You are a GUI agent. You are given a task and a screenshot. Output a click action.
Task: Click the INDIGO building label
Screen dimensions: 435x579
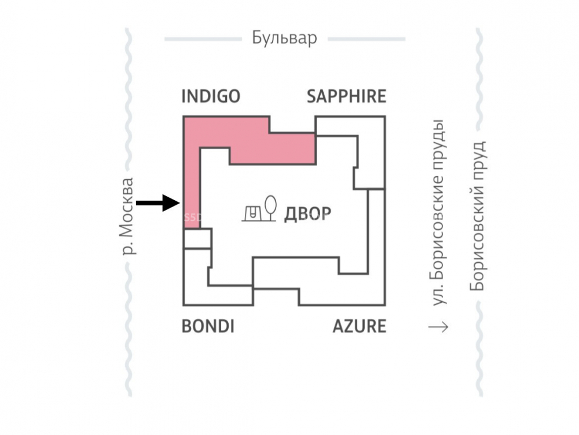[x=210, y=96]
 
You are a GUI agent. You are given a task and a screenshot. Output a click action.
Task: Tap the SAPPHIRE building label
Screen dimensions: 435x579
[x=346, y=96]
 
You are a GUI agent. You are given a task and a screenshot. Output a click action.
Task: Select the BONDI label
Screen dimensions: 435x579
[x=208, y=327]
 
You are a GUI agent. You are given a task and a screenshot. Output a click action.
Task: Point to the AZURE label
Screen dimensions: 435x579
[x=359, y=327]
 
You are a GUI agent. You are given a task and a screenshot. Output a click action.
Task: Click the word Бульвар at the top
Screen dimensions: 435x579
[x=284, y=39]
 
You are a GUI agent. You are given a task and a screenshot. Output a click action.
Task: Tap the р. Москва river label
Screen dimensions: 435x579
[x=129, y=216]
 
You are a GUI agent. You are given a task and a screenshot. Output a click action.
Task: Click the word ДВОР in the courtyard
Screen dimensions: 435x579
[x=307, y=214]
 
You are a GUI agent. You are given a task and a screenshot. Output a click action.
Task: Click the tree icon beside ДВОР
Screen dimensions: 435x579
[x=269, y=208]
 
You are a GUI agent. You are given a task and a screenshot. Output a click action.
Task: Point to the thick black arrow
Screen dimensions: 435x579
[x=157, y=202]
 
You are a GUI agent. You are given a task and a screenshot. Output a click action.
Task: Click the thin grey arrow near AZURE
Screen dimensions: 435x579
[x=438, y=327]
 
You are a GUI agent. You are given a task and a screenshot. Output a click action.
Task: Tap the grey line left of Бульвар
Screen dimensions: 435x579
[x=203, y=39]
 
